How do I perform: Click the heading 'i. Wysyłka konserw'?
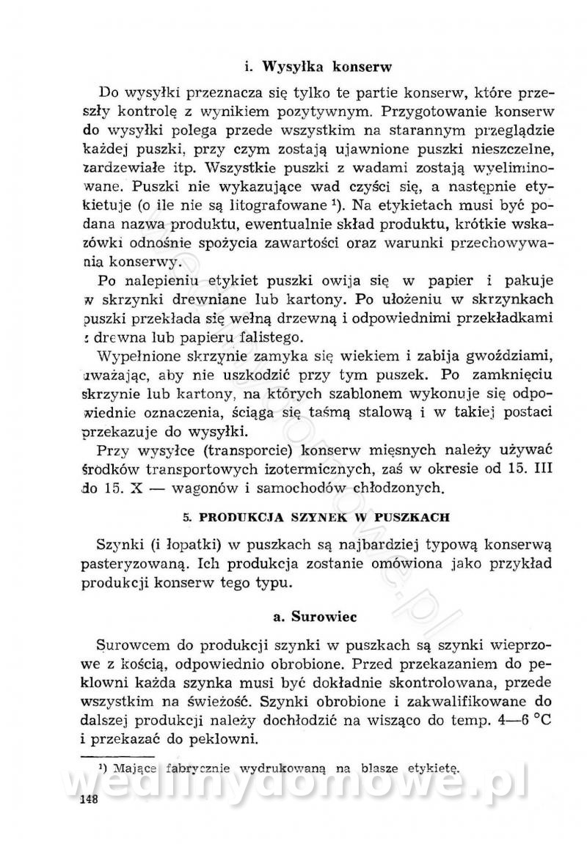[x=318, y=65]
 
